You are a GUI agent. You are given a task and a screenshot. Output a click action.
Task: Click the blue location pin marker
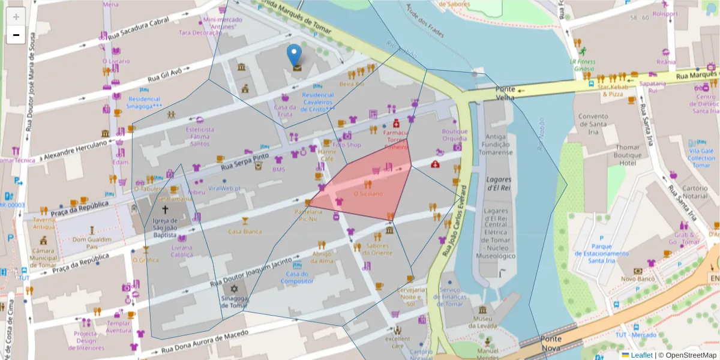[294, 56]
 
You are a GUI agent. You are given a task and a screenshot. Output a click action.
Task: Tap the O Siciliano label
[368, 194]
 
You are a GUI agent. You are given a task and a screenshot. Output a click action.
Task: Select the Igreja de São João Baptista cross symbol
[165, 209]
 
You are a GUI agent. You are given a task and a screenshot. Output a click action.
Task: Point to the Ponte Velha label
[505, 93]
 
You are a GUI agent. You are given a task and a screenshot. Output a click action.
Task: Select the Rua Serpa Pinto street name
[245, 161]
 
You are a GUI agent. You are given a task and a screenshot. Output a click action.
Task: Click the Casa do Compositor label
[298, 278]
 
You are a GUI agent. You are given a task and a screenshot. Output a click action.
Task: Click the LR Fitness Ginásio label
[582, 65]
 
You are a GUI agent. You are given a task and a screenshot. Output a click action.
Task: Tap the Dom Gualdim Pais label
[93, 242]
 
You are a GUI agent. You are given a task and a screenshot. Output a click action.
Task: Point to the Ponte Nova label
[551, 343]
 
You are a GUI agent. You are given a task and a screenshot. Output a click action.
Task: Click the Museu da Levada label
[483, 322]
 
